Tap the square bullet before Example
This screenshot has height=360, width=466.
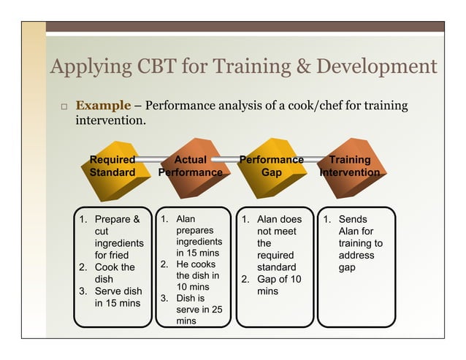(x=64, y=107)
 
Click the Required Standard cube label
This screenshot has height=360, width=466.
(x=112, y=166)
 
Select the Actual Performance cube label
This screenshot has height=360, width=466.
(x=191, y=166)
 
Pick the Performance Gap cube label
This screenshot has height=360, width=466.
(x=272, y=166)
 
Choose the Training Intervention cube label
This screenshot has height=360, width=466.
(x=350, y=166)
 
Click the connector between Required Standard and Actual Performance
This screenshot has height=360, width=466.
(x=151, y=156)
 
